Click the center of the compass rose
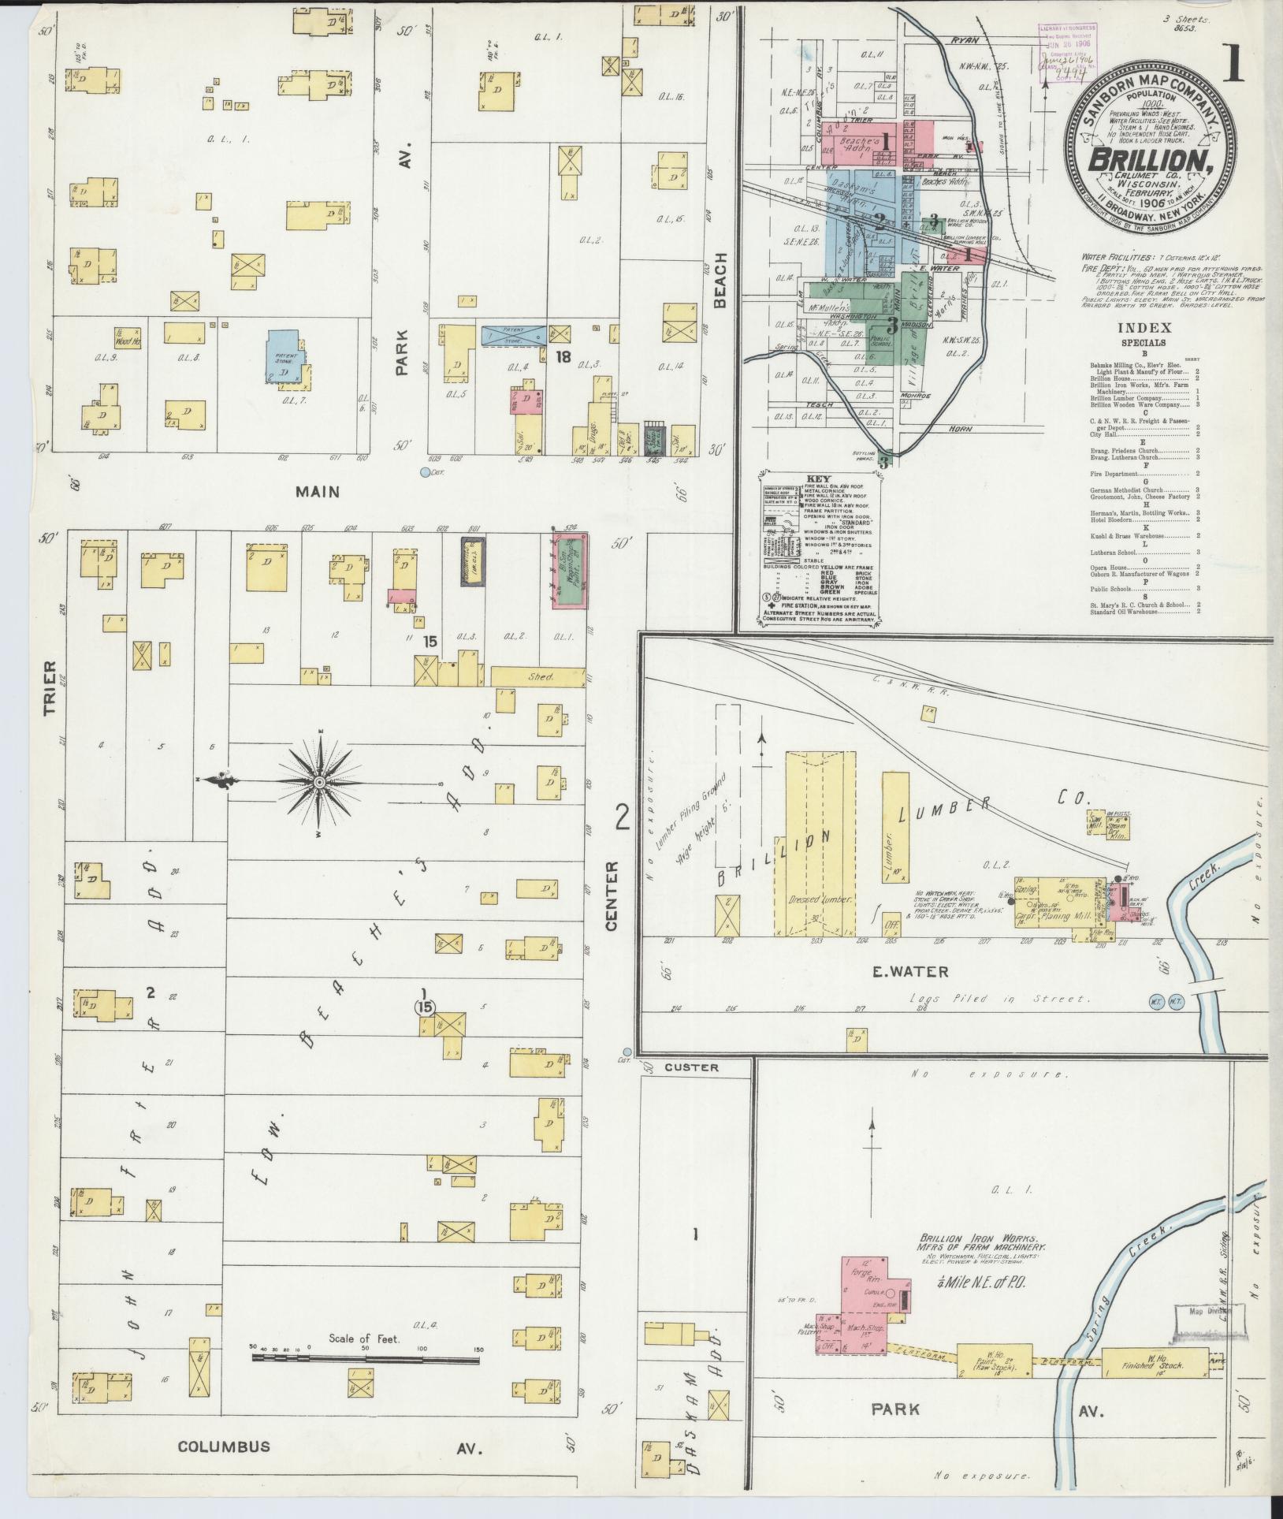coord(319,782)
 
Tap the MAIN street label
coord(317,492)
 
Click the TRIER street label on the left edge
coord(50,688)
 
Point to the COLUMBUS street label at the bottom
coord(223,1446)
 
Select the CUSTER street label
coord(691,1067)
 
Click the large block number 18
coord(563,357)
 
